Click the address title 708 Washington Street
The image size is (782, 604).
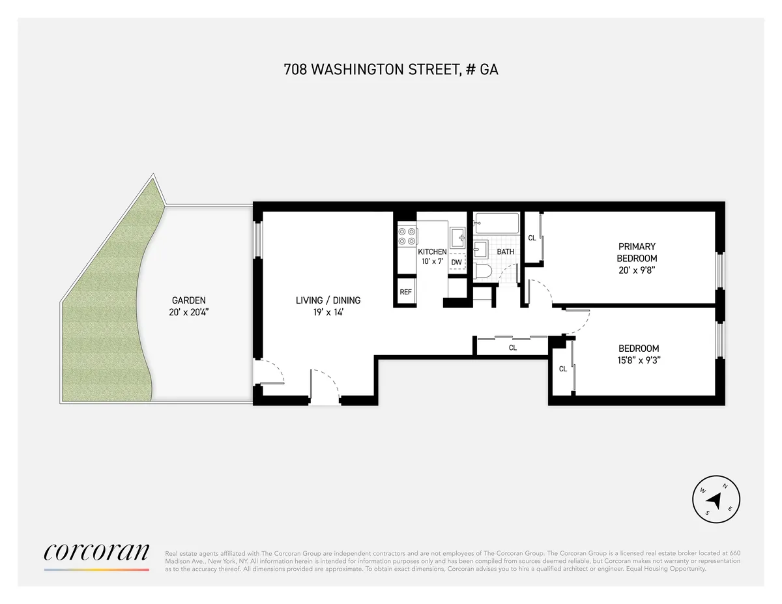pyautogui.click(x=391, y=70)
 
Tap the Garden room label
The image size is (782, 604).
pyautogui.click(x=188, y=300)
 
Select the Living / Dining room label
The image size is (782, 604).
pyautogui.click(x=328, y=300)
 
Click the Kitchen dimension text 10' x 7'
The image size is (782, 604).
pyautogui.click(x=432, y=261)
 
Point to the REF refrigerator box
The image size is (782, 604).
pyautogui.click(x=405, y=292)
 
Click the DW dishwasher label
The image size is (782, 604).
pyautogui.click(x=456, y=263)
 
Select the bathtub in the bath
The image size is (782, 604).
pyautogui.click(x=497, y=223)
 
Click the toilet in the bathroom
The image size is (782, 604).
pyautogui.click(x=483, y=272)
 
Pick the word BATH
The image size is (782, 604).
pyautogui.click(x=506, y=252)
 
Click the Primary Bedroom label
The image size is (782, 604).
pyautogui.click(x=637, y=252)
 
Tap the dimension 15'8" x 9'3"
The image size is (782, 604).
pyautogui.click(x=639, y=360)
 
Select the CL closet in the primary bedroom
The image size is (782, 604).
pyautogui.click(x=532, y=238)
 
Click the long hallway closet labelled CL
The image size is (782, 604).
pyautogui.click(x=512, y=348)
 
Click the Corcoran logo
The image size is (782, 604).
pyautogui.click(x=96, y=552)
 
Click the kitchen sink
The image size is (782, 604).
pyautogui.click(x=458, y=237)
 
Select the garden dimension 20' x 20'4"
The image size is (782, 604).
pyautogui.click(x=188, y=312)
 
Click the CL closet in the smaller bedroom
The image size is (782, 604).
pyautogui.click(x=562, y=369)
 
